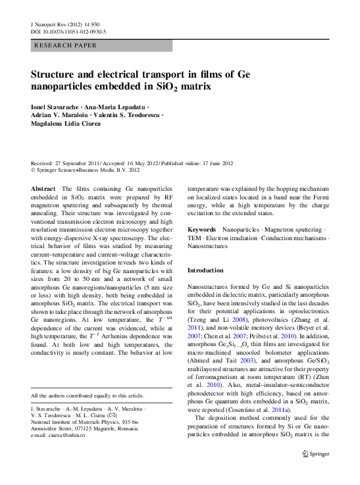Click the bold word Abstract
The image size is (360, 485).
(x=43, y=188)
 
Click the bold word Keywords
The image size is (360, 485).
(x=203, y=230)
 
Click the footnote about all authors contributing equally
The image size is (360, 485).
(x=88, y=395)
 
